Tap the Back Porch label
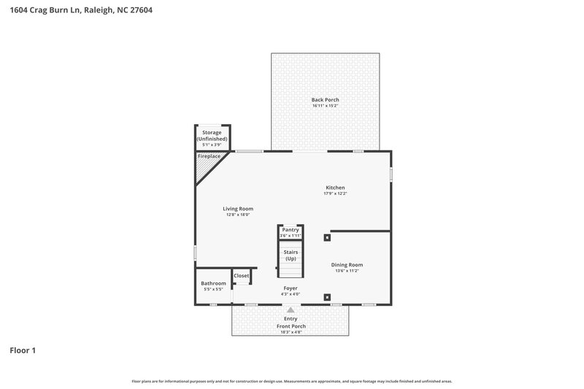325,100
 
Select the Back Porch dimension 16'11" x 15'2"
325,107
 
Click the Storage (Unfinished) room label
212,135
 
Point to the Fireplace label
210,156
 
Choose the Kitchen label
335,188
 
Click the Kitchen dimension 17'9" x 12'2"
335,193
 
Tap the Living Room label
238,209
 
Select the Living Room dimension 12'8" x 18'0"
238,215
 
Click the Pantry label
291,230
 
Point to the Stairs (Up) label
291,255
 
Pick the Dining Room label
347,265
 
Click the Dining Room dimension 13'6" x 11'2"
347,271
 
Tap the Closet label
242,276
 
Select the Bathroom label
214,283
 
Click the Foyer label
291,288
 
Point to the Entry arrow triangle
291,310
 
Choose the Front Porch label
291,326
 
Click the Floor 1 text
23,350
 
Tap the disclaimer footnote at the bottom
291,381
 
